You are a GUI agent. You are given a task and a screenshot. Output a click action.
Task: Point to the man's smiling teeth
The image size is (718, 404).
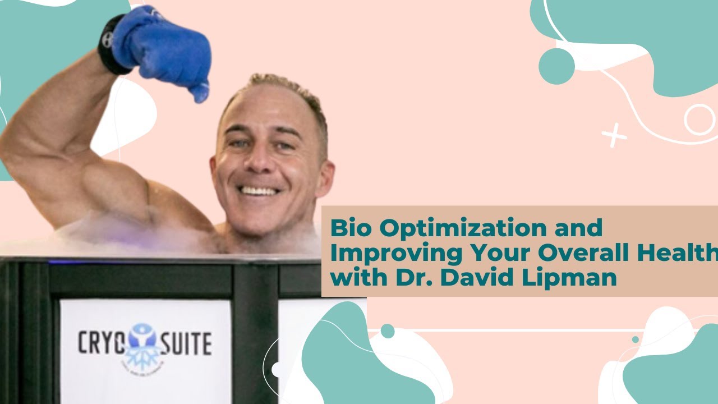259,191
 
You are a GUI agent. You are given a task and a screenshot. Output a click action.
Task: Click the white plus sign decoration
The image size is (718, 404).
614,135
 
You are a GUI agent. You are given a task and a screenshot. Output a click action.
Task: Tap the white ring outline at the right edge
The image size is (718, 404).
699,119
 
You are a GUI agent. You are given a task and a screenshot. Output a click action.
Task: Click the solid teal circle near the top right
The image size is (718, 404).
556,66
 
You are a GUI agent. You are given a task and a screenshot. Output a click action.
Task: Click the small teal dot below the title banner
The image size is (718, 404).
387,331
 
